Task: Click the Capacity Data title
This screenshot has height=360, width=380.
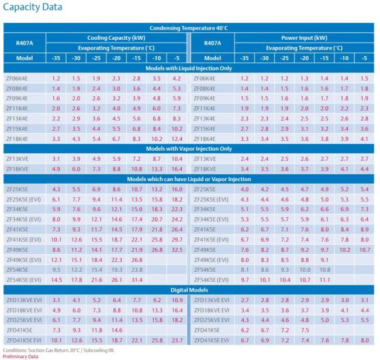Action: [33, 8]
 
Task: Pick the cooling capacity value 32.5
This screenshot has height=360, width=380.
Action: [177, 250]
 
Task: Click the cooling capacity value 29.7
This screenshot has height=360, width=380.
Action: [177, 240]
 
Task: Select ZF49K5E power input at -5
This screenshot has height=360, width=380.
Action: [365, 250]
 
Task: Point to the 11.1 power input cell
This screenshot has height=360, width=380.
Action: [324, 280]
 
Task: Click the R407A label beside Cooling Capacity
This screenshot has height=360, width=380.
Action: [24, 43]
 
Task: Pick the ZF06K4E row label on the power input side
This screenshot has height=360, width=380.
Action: [212, 78]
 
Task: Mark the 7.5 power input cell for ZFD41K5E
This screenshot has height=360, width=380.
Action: [305, 330]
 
